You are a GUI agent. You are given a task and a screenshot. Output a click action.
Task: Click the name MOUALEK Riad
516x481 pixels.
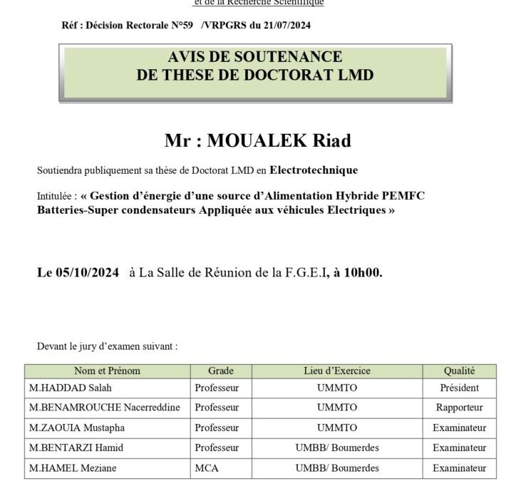(279, 141)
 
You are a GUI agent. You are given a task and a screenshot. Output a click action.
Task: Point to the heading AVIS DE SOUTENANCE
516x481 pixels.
(255, 57)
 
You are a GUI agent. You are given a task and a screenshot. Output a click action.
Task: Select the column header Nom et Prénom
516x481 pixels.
(107, 371)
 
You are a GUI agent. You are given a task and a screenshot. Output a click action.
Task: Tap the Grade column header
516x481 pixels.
(220, 371)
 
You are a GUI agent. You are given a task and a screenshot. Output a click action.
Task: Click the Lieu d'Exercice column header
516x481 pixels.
(336, 371)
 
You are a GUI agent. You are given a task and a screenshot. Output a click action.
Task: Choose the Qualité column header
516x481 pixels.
(459, 371)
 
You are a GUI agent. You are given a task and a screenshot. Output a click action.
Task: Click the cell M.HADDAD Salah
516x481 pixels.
(71, 388)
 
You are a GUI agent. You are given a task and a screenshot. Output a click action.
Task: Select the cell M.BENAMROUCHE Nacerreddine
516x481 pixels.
(104, 408)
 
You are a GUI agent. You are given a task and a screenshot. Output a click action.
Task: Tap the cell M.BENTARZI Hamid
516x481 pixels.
(76, 448)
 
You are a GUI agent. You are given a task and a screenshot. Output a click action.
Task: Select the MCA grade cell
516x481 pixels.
(205, 468)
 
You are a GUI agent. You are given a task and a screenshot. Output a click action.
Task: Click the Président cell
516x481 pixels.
(459, 388)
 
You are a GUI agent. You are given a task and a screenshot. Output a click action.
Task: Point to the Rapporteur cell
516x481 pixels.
(459, 408)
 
